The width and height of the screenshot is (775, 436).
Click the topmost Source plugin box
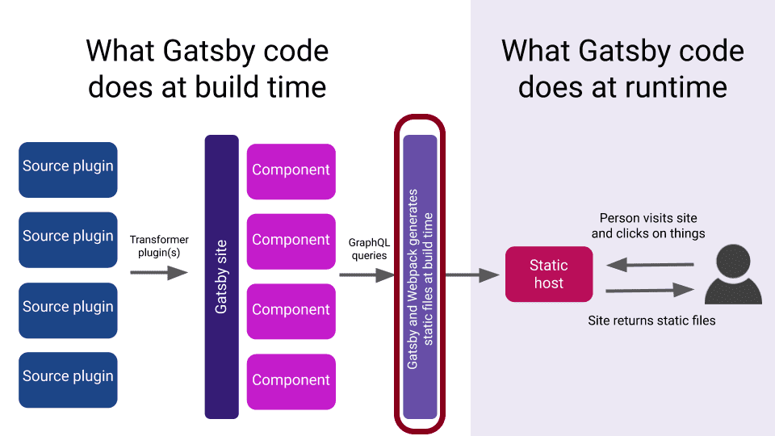tap(68, 170)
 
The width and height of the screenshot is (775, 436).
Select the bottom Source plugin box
tap(68, 379)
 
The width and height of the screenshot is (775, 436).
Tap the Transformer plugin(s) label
tap(159, 246)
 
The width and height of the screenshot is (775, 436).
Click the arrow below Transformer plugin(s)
tap(159, 272)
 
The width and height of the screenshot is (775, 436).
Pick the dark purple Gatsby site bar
tap(222, 277)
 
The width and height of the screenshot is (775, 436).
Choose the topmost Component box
tap(291, 171)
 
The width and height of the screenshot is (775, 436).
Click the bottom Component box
tap(291, 382)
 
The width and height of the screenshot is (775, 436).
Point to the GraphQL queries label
tap(369, 249)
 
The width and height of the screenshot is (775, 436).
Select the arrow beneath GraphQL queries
tap(367, 275)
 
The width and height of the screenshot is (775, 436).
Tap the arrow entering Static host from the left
tap(472, 275)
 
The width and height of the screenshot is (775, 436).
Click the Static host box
tap(549, 275)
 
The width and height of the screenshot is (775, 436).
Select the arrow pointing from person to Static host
tap(651, 265)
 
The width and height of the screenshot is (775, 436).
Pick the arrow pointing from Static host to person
tap(651, 290)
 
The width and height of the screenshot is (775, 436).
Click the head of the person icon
tap(734, 261)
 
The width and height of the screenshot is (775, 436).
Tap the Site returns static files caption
tap(652, 321)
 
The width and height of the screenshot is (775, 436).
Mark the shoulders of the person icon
tap(734, 291)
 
